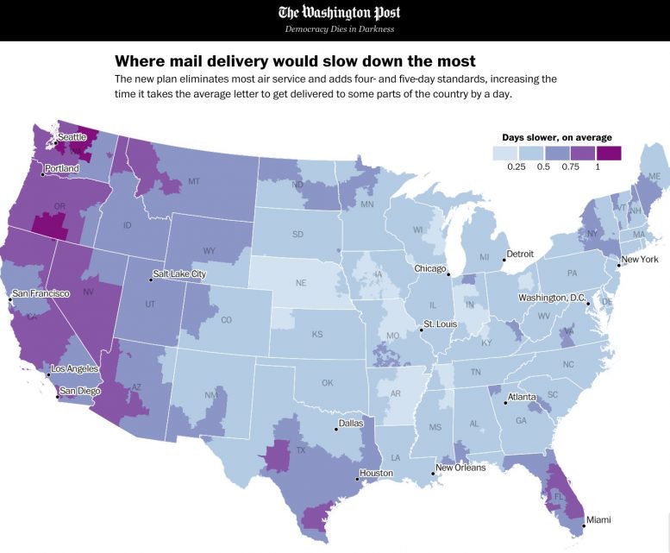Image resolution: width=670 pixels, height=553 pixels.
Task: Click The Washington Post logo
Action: [339, 12]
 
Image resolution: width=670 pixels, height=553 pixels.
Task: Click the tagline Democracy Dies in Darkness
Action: [339, 29]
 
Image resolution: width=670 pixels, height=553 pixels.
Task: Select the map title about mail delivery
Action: [295, 61]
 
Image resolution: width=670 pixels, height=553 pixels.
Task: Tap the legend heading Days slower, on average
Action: [557, 137]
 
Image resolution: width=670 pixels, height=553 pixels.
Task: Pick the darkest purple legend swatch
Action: [608, 153]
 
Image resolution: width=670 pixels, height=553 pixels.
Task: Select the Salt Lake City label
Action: [179, 273]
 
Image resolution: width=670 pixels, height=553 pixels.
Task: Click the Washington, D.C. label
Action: [552, 298]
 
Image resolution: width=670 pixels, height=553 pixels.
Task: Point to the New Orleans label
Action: [460, 468]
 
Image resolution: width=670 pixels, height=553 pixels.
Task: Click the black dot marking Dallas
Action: [335, 429]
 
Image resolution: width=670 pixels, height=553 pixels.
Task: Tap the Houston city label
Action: [377, 473]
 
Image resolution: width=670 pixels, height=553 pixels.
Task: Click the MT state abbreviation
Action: [194, 182]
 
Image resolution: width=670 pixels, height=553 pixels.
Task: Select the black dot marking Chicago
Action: [449, 273]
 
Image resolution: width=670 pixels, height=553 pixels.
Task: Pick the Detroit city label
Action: [520, 254]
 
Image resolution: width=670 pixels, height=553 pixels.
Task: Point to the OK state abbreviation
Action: [327, 383]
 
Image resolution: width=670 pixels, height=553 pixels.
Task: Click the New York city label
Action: [640, 259]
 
